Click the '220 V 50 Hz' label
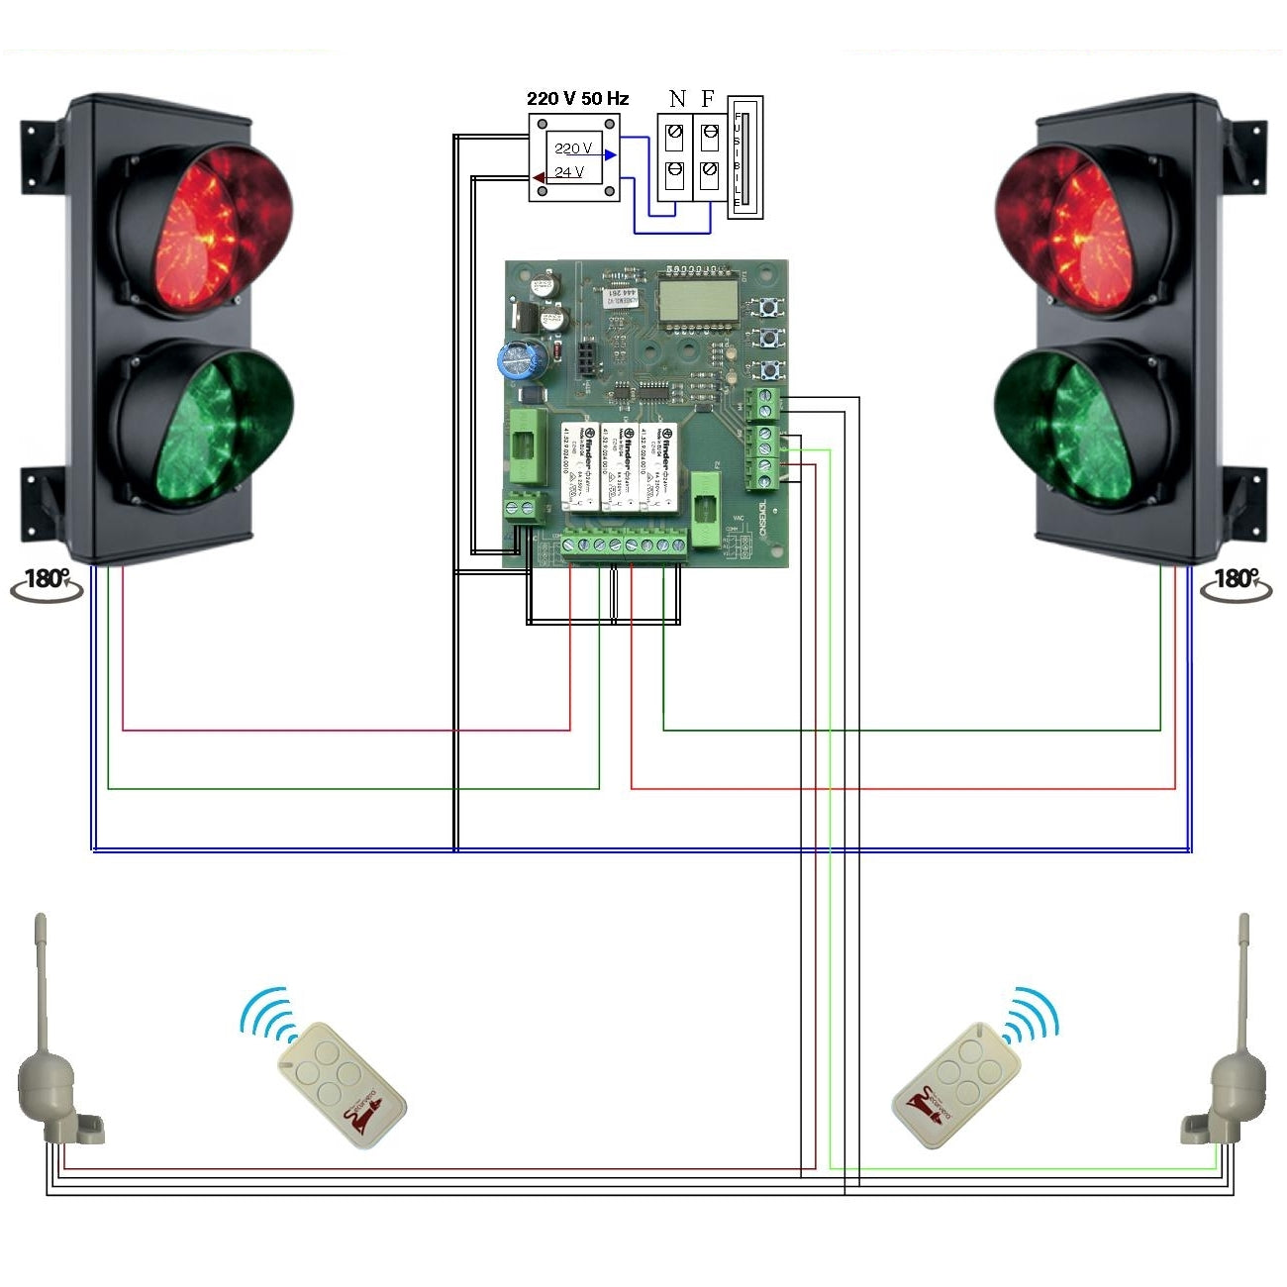pos(577,98)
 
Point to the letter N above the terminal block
pos(677,98)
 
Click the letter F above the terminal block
pos(707,98)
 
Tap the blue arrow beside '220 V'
pos(611,154)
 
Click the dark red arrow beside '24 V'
pos(538,178)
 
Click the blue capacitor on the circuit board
pos(520,358)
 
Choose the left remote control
pos(342,1083)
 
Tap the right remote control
pos(944,1084)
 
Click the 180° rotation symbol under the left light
pos(47,583)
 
